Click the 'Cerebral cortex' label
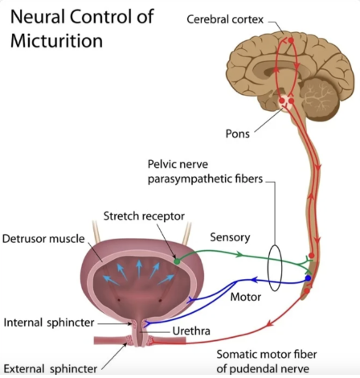[x=225, y=19]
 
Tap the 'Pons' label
[x=238, y=134]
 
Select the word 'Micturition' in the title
[x=56, y=41]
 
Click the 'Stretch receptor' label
[x=144, y=216]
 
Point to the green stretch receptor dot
[x=177, y=261]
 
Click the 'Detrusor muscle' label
[x=43, y=239]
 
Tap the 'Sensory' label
[x=230, y=237]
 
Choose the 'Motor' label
[x=246, y=297]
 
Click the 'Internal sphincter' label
[x=49, y=323]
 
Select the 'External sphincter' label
[x=51, y=369]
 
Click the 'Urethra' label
[x=191, y=331]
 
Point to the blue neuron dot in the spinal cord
[x=308, y=278]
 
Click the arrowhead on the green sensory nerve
[x=239, y=254]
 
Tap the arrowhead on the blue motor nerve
[x=255, y=281]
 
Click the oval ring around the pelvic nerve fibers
[x=268, y=268]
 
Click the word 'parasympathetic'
[x=190, y=179]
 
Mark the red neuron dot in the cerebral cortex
[x=291, y=40]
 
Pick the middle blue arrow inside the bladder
[x=139, y=269]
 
